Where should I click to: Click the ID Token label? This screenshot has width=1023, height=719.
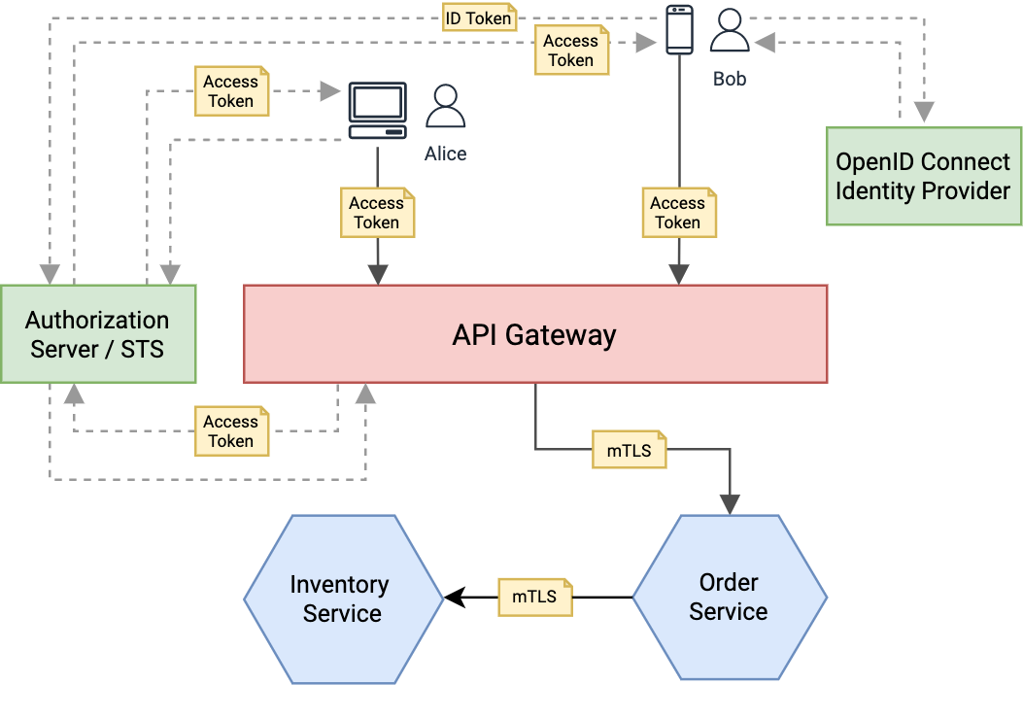(478, 17)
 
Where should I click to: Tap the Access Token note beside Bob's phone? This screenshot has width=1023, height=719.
(571, 51)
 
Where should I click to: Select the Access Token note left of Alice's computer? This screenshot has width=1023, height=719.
(231, 91)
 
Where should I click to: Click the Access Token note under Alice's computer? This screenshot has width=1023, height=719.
(377, 213)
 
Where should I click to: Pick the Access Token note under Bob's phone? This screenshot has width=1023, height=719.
(678, 213)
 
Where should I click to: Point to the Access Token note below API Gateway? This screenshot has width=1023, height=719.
(231, 431)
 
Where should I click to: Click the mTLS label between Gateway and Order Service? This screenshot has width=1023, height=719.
(630, 451)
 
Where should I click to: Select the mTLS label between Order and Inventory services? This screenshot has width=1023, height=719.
(535, 597)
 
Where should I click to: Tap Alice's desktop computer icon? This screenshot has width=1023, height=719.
(377, 112)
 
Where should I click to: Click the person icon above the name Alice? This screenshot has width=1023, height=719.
(446, 107)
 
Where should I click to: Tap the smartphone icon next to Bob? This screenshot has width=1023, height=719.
(679, 30)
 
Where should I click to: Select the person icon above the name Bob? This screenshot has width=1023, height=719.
(730, 31)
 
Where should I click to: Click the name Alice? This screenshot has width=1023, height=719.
(446, 154)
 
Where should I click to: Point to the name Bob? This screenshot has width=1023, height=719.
(730, 79)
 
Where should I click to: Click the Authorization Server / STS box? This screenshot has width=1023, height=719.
(98, 333)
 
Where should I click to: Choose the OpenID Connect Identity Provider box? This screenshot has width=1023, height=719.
(923, 176)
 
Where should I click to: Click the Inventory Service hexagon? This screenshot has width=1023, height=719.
(342, 599)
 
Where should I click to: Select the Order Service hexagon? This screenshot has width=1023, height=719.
(729, 597)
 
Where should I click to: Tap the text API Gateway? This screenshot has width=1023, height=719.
(534, 335)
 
